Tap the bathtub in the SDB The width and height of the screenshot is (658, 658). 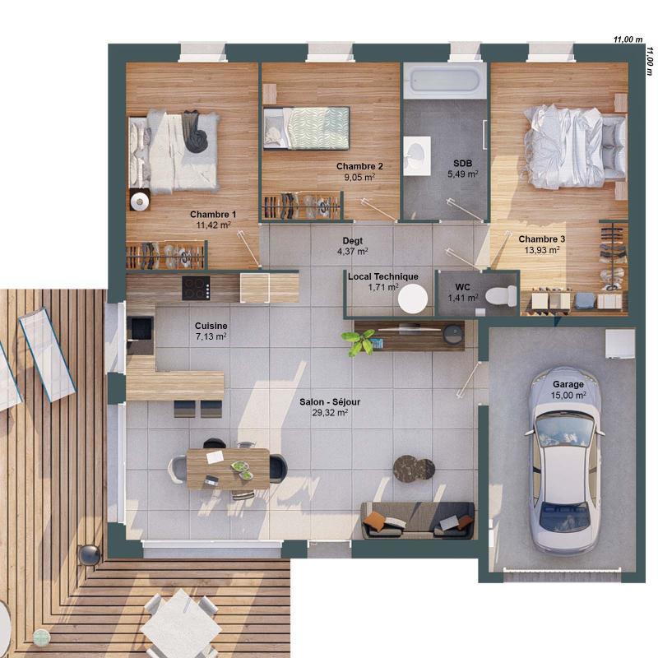coord(445,80)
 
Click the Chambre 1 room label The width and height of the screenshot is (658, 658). coord(213,215)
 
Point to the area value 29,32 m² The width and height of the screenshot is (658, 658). coord(330,413)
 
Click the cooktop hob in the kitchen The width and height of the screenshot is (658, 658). coord(196,287)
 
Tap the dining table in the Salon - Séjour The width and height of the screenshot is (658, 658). coord(228,468)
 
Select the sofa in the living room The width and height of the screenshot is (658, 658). coord(418,520)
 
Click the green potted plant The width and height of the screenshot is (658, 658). coord(360,341)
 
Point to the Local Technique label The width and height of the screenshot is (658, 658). coord(382,276)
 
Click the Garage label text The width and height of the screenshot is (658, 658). coord(568,383)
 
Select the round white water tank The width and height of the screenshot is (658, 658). coord(412,298)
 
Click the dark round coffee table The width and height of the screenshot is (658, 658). coord(413,468)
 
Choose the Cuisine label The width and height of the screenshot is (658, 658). coord(211,326)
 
